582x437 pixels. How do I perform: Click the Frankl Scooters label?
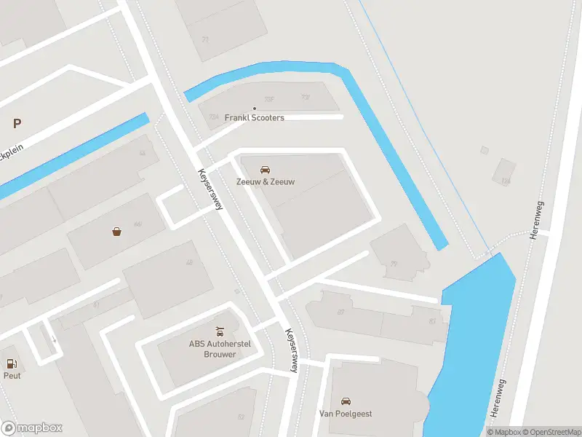[254, 117]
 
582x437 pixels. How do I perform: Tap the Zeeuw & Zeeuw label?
[265, 181]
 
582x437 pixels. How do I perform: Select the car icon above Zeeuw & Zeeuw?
[265, 169]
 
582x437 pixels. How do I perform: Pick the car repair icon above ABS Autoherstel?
[219, 332]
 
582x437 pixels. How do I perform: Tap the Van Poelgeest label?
[346, 414]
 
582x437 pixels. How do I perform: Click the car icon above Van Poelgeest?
[346, 401]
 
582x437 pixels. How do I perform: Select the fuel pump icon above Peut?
[12, 363]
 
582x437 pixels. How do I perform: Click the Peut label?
[12, 376]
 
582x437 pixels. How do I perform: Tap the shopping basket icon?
[116, 232]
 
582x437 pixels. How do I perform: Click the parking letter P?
[17, 124]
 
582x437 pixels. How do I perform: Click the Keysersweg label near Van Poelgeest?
[292, 350]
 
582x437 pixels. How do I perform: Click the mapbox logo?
[32, 428]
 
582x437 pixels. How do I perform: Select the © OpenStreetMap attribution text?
[548, 432]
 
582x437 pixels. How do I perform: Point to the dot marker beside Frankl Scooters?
[254, 109]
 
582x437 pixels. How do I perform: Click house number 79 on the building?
[394, 264]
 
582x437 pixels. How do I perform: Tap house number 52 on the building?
[241, 417]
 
